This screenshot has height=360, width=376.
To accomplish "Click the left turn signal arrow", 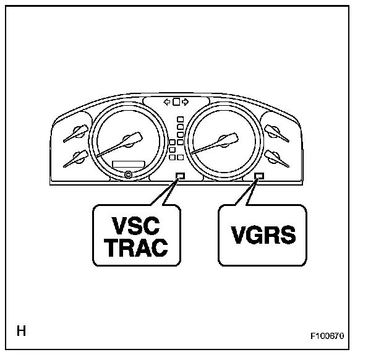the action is click(166, 102).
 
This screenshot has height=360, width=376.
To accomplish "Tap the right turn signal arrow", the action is click(185, 102).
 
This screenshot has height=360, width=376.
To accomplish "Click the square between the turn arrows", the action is click(176, 102).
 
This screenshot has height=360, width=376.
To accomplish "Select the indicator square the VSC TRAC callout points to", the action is click(181, 176).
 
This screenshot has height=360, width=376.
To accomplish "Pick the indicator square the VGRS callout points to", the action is click(259, 176).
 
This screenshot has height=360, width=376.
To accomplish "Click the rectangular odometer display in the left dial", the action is click(129, 163).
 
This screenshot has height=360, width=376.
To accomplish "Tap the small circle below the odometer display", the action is click(129, 174).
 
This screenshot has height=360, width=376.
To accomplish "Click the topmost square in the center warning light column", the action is click(179, 119).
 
